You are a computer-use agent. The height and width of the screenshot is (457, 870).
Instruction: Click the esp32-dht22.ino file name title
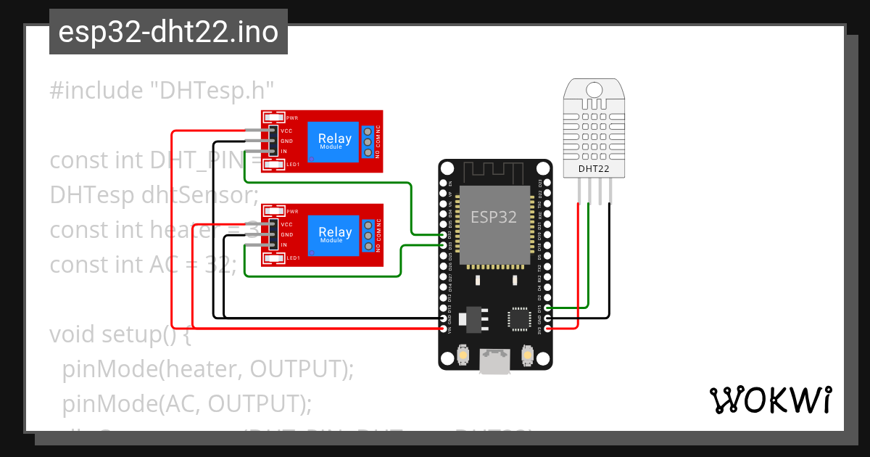pos(168,33)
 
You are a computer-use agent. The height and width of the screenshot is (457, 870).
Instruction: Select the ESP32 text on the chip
pos(494,217)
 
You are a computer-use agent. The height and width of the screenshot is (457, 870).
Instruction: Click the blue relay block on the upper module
pos(334,141)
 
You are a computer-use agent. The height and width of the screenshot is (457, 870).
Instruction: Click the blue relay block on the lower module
pos(334,235)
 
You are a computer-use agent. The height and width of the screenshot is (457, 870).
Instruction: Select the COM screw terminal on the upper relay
pos(368,142)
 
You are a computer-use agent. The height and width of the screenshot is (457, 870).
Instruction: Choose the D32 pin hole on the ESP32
pos(444,235)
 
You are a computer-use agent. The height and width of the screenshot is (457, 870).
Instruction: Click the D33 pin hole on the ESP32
pos(444,245)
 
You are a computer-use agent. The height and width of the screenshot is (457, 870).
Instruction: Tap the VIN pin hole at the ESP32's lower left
pos(444,329)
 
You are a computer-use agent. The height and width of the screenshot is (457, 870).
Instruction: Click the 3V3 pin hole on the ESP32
pos(547,329)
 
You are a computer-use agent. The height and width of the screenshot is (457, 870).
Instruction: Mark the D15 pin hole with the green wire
pos(547,308)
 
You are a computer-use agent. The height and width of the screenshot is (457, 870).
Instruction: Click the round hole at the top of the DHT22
pos(594,89)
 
